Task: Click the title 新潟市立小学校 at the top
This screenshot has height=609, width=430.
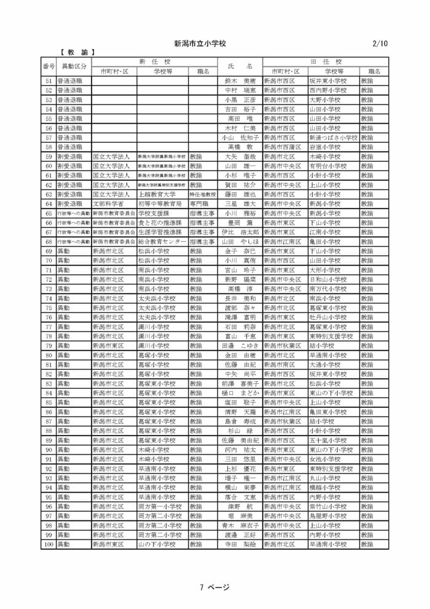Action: pyautogui.click(x=200, y=44)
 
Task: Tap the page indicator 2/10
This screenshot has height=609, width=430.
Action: pyautogui.click(x=380, y=44)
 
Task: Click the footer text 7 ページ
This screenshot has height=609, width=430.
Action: pyautogui.click(x=214, y=587)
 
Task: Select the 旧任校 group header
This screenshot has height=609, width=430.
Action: pyautogui.click(x=326, y=62)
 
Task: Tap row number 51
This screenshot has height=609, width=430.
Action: pyautogui.click(x=49, y=81)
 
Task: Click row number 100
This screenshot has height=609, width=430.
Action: pyautogui.click(x=49, y=544)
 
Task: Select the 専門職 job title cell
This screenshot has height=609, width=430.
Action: pyautogui.click(x=197, y=204)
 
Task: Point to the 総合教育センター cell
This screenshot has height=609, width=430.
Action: pyautogui.click(x=162, y=242)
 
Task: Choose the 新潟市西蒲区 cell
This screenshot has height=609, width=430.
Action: pyautogui.click(x=283, y=147)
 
